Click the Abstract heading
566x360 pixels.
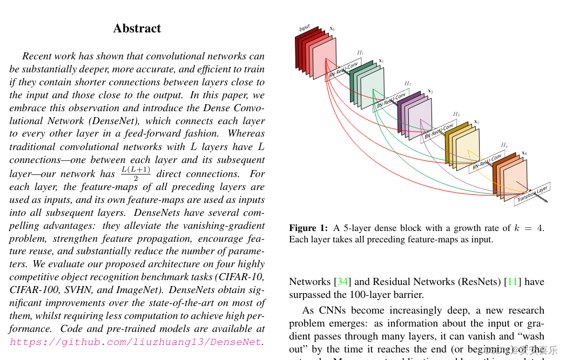click(137, 29)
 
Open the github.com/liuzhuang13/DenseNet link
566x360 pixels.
click(136, 342)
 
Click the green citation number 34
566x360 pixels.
click(342, 282)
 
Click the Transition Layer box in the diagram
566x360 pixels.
click(532, 194)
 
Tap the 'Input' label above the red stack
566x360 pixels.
click(305, 28)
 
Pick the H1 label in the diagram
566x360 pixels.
click(360, 53)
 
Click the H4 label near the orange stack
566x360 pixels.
click(504, 145)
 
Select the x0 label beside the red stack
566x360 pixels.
click(332, 28)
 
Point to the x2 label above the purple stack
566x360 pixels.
click(430, 91)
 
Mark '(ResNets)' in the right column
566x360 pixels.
click(481, 282)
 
